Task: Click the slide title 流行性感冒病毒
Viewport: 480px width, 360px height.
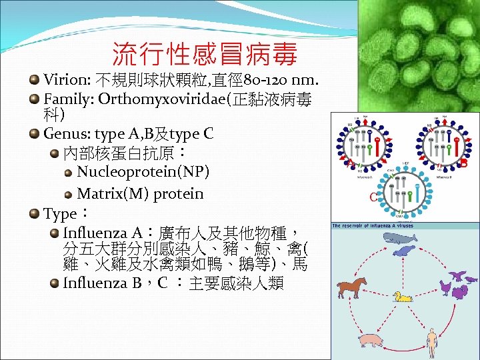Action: pos(204,53)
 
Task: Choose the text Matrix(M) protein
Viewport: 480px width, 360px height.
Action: pos(141,194)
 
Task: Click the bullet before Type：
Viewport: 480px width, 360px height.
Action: pos(34,213)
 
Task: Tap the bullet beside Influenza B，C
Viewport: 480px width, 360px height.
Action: pos(54,282)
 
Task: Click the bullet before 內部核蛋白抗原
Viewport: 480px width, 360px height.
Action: pos(54,153)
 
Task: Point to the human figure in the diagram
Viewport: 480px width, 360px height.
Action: pos(432,341)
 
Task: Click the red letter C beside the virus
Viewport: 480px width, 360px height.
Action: pos(373,197)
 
